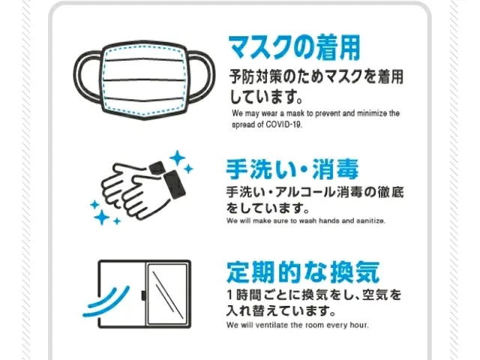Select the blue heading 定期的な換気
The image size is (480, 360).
(303, 270)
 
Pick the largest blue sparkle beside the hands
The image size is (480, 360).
(178, 159)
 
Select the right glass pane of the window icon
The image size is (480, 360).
(165, 294)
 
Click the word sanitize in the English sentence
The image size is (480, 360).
(368, 221)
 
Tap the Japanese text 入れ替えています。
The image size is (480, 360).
(280, 310)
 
